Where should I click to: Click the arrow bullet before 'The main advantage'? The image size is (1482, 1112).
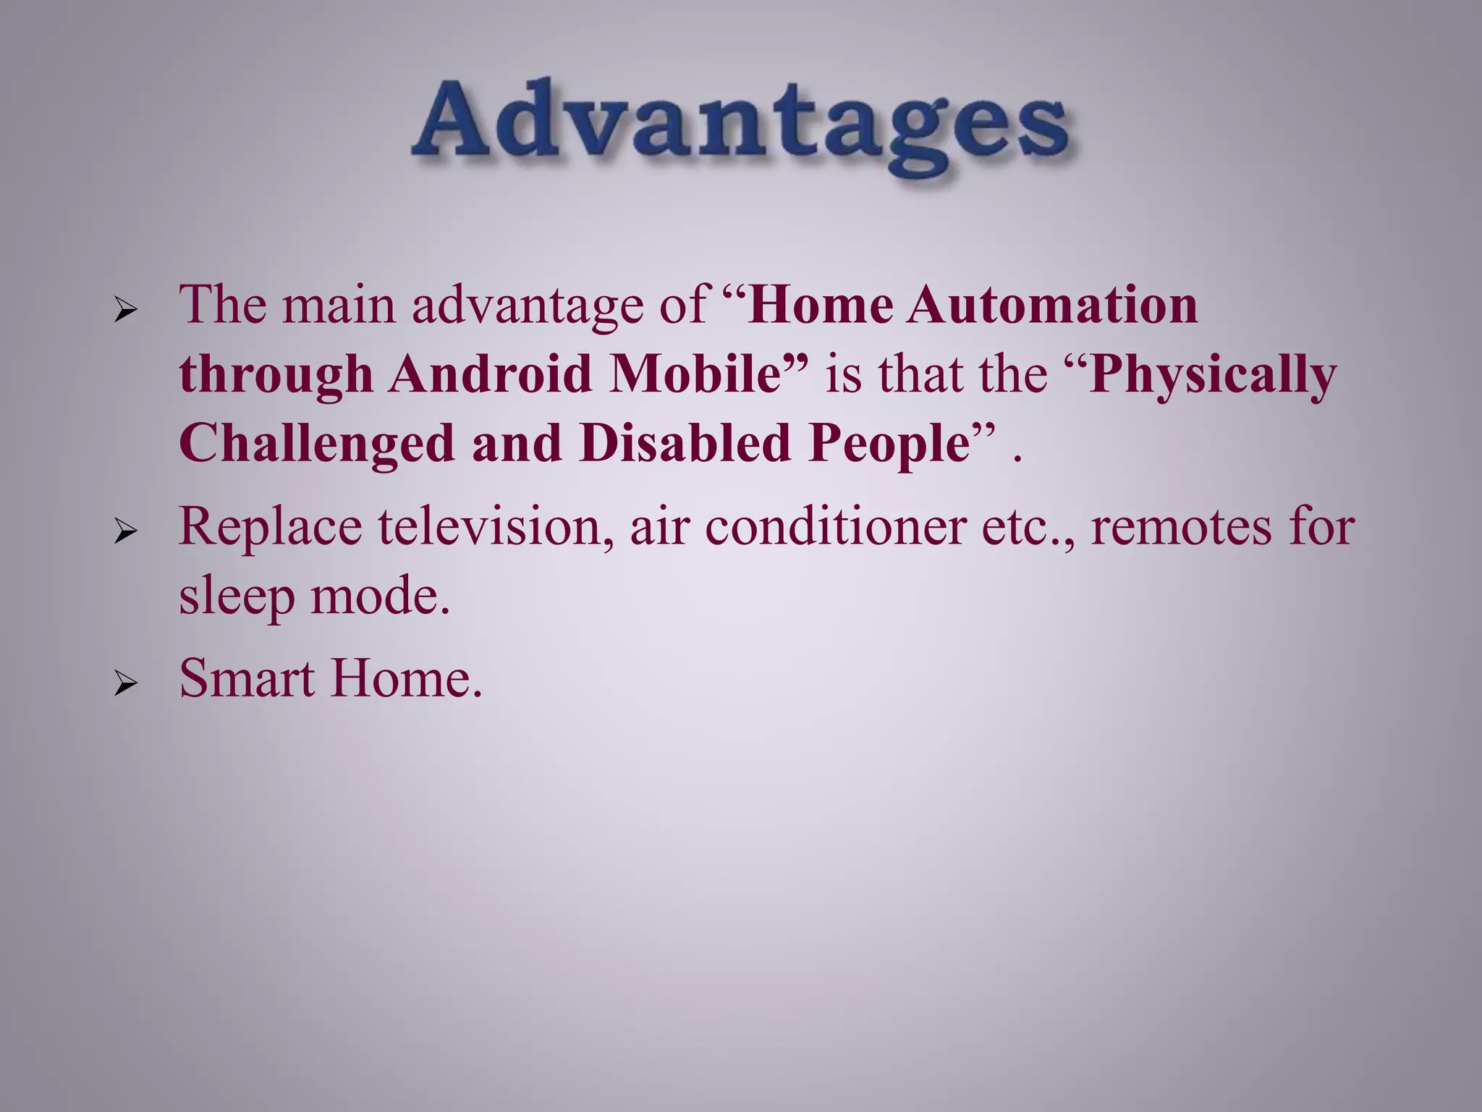[x=125, y=312]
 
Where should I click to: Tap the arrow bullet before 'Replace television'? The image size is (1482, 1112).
[x=125, y=534]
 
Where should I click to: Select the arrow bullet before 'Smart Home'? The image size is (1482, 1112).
[x=125, y=684]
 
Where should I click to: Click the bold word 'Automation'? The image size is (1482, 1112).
[x=1053, y=305]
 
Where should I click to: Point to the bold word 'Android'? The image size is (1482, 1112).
[x=491, y=374]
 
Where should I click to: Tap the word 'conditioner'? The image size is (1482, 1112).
[x=835, y=526]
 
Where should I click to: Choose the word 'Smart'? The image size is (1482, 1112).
[x=246, y=678]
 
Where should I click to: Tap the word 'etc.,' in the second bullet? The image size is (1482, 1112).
[x=1028, y=528]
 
